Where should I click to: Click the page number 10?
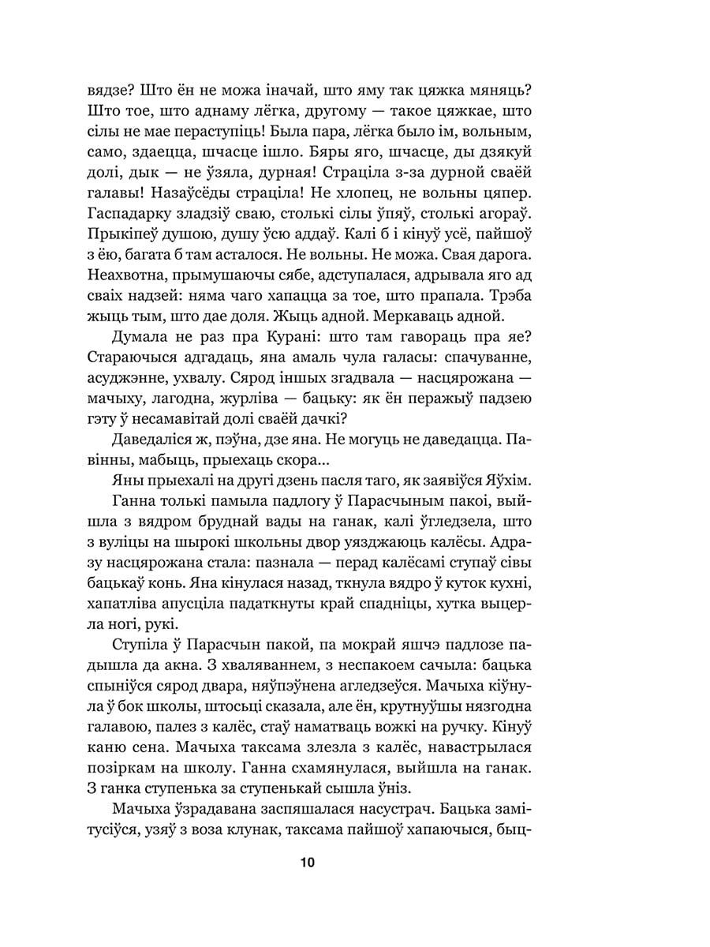pyautogui.click(x=308, y=863)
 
